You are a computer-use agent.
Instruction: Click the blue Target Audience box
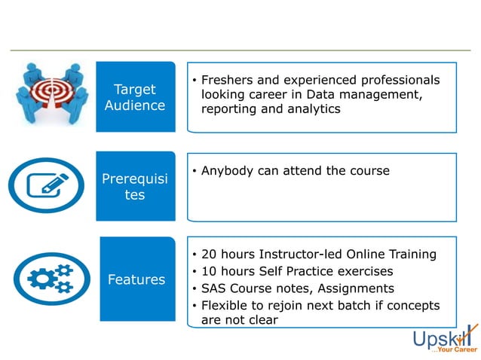pos(135,97)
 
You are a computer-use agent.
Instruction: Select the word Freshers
pos(229,81)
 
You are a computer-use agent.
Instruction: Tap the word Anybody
pos(228,171)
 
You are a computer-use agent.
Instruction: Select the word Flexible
pos(227,305)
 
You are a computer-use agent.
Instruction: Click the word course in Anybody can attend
pos(369,171)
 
